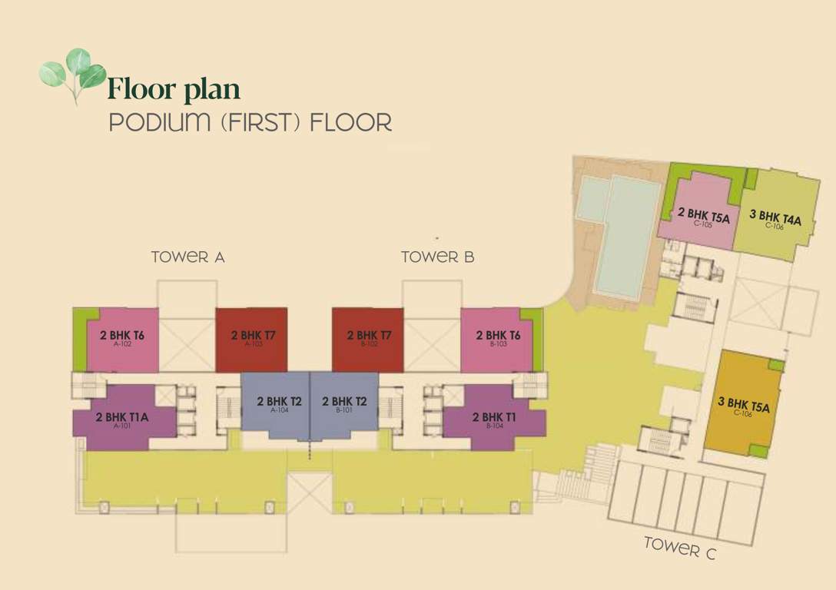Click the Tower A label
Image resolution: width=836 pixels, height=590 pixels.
[x=187, y=257]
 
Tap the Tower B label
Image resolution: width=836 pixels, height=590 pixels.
[x=437, y=257]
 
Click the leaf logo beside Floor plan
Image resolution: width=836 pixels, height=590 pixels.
[x=72, y=75]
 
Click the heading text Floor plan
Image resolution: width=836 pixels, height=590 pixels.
[x=174, y=89]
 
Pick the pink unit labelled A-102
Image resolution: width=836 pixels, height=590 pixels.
[x=123, y=339]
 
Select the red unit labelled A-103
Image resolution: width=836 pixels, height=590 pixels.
[x=251, y=339]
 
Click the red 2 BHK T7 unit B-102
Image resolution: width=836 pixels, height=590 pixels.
[x=367, y=339]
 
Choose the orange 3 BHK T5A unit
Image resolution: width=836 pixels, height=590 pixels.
[x=743, y=405]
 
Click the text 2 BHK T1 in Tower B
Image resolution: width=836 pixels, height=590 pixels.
[x=494, y=417]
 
